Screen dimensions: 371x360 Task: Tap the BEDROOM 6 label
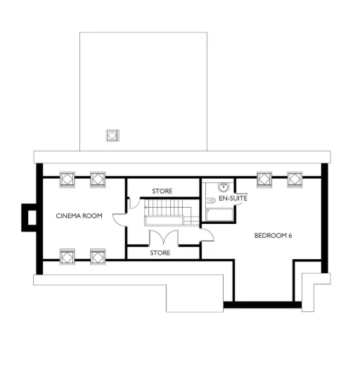tap(273, 235)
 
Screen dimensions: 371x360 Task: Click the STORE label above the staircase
tap(162, 191)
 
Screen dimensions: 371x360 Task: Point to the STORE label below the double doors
tap(160, 252)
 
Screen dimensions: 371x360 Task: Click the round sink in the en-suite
tap(223, 187)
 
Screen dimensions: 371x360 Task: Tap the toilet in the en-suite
tap(213, 200)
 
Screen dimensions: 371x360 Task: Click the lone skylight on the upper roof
tap(112, 135)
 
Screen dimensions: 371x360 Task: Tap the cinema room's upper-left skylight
tap(67, 179)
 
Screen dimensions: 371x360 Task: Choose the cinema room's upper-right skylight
tap(97, 179)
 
